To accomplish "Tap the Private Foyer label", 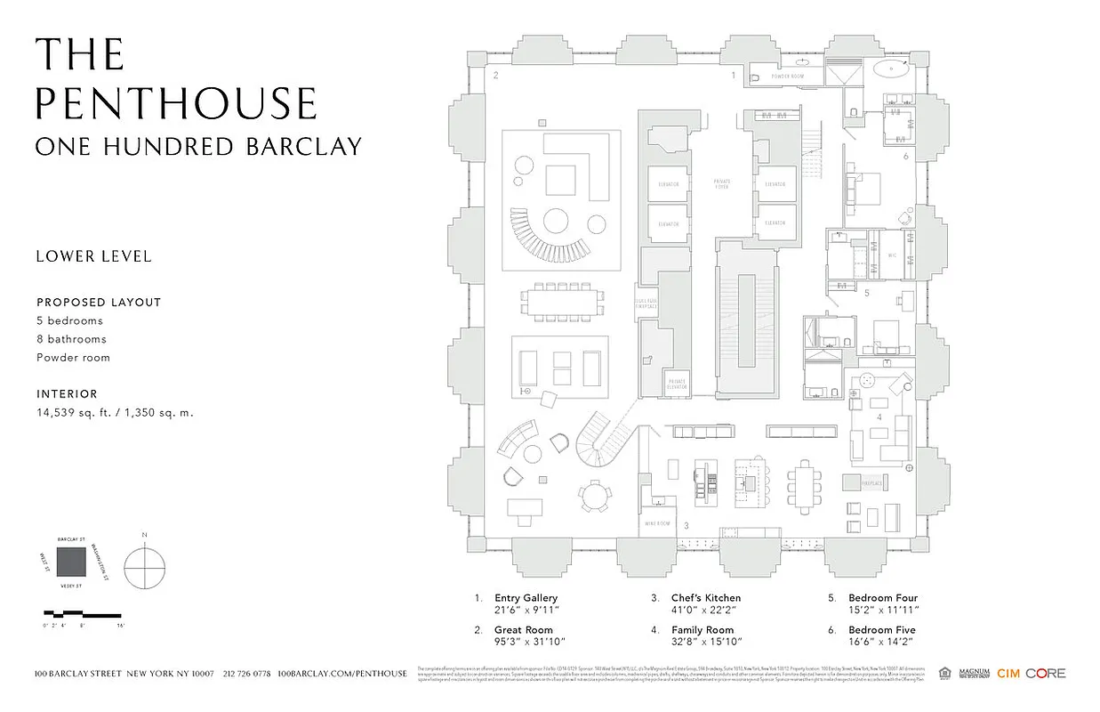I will click(x=722, y=183).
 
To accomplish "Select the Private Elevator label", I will click(x=678, y=383).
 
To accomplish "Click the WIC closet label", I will click(x=891, y=255).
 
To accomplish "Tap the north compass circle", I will click(x=145, y=567).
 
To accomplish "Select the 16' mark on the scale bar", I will click(x=120, y=627).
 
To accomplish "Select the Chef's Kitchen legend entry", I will click(x=706, y=598).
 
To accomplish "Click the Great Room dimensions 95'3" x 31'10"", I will click(x=530, y=641).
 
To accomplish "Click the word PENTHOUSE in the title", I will click(x=176, y=103).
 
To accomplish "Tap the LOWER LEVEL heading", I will click(x=93, y=256).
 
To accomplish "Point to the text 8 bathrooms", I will click(x=71, y=339).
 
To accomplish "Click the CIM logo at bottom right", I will click(x=1008, y=674).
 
